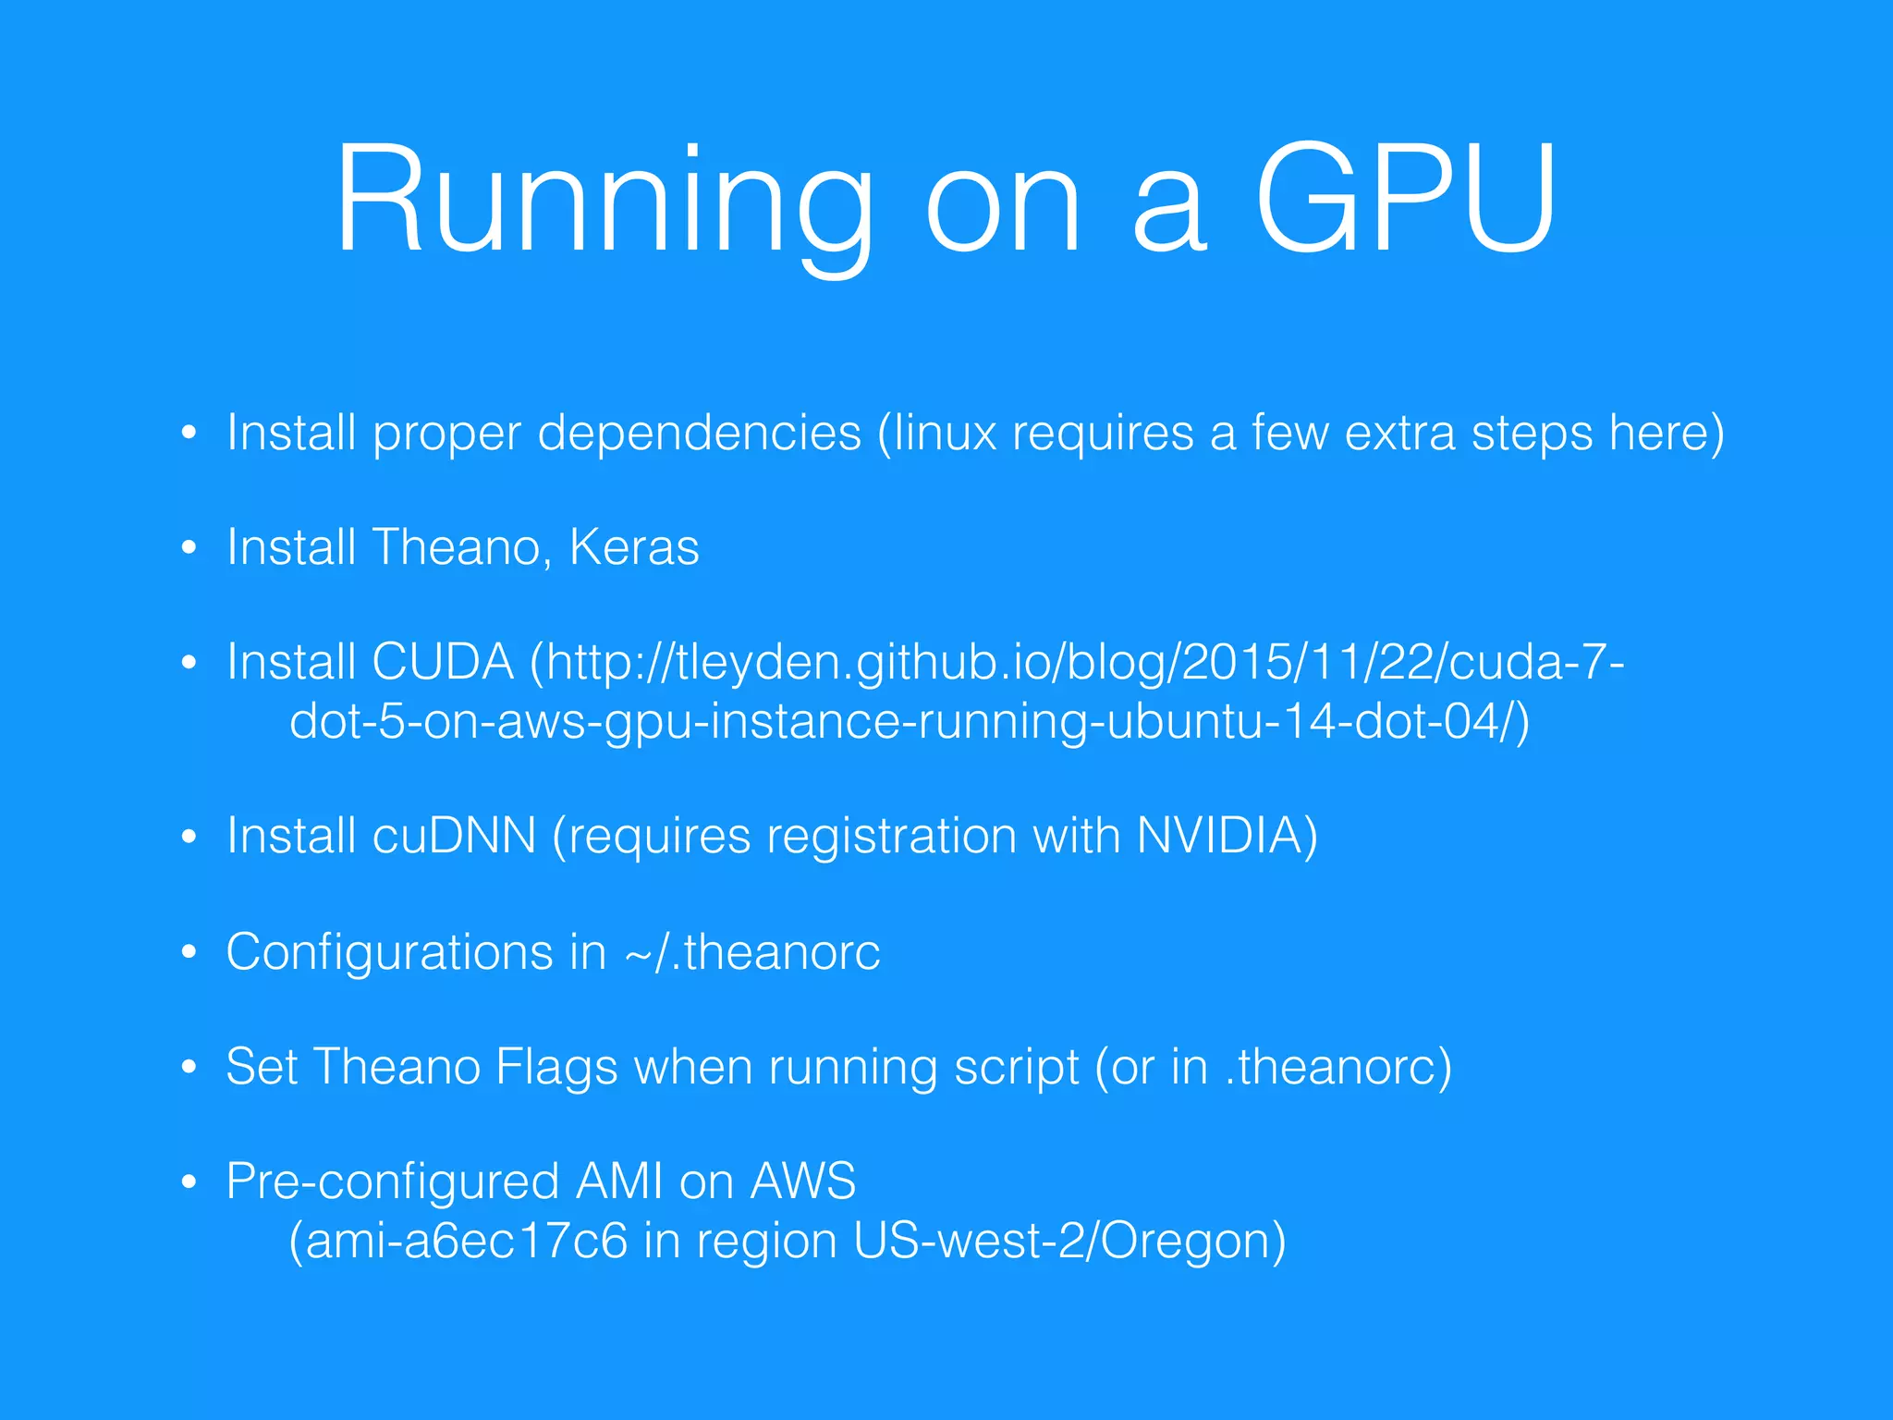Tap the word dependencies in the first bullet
[x=699, y=433]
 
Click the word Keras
[x=634, y=547]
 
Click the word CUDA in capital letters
[x=443, y=663]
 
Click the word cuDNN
[x=454, y=837]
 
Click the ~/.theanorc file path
[x=752, y=952]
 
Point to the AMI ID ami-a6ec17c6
[x=467, y=1242]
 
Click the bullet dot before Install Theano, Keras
[x=189, y=548]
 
